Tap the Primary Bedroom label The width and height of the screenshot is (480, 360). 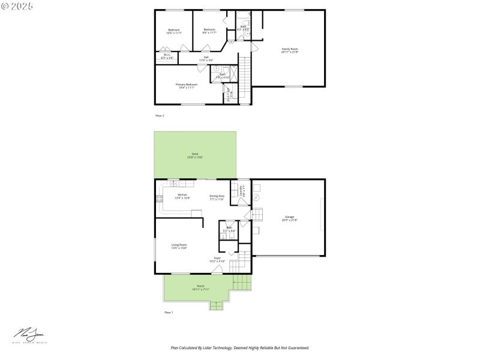tap(186, 86)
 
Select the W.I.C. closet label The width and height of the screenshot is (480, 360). tap(167, 56)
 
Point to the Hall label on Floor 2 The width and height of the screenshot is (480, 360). tap(206, 58)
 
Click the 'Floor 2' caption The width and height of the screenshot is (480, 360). tap(160, 115)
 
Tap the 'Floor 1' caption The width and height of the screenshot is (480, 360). tap(169, 313)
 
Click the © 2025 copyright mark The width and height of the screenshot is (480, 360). tap(17, 5)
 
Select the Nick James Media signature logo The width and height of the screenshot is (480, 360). tap(29, 336)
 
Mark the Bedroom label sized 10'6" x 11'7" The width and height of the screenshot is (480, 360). tap(173, 31)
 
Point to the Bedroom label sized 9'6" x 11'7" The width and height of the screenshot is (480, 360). tap(209, 31)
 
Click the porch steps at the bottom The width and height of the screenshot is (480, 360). tap(215, 306)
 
